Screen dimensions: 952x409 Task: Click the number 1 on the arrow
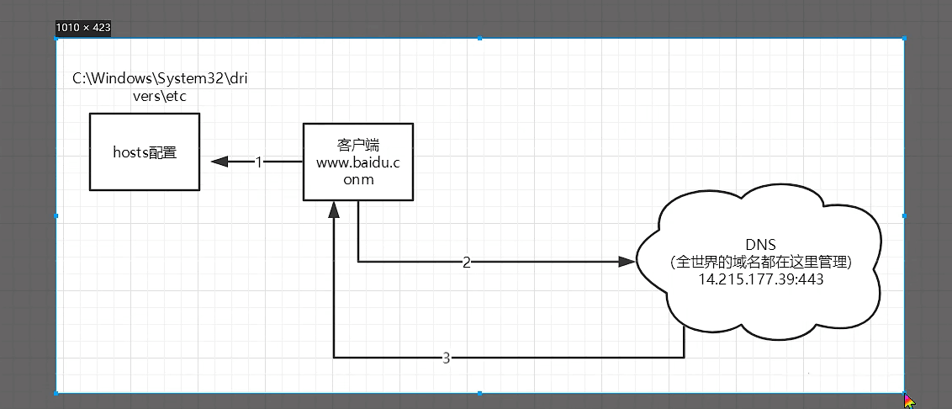click(259, 162)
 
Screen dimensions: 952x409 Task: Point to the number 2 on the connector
click(466, 263)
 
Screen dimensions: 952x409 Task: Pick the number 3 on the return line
click(447, 358)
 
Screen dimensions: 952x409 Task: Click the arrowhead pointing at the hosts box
click(219, 162)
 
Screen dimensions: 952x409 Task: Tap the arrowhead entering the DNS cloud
click(627, 262)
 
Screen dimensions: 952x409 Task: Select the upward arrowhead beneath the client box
click(333, 210)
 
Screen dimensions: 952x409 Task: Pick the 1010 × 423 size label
click(82, 27)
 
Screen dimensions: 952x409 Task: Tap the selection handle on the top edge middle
click(480, 38)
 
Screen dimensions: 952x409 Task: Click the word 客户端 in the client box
click(358, 146)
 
